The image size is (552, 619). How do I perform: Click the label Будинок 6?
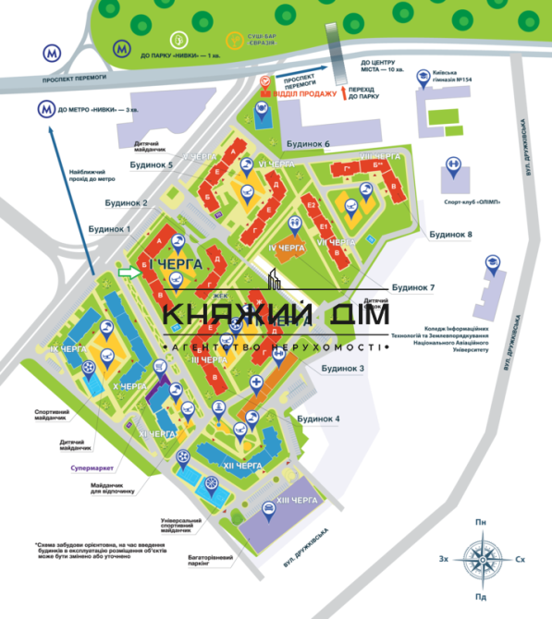308,144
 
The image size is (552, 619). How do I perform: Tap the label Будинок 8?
451,235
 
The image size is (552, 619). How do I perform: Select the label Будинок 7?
412,287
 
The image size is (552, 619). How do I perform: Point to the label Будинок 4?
319,419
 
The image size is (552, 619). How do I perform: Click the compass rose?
481,559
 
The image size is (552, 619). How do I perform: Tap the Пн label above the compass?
481,524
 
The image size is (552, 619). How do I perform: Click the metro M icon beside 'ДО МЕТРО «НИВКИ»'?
44,110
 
